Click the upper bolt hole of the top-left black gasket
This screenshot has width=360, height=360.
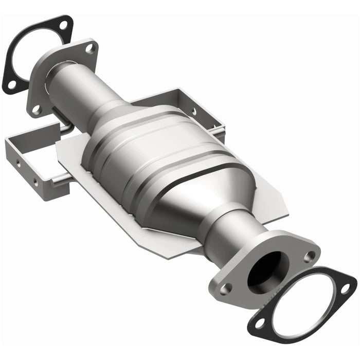(x=63, y=25)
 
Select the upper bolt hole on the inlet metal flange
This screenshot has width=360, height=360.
(x=89, y=48)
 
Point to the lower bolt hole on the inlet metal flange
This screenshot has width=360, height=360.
(x=37, y=109)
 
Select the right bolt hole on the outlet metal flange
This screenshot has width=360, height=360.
(x=309, y=256)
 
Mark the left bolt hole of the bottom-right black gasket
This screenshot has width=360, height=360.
(x=260, y=322)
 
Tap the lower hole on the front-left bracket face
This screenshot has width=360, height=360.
(x=35, y=182)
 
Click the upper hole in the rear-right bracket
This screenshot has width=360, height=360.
(x=194, y=110)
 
